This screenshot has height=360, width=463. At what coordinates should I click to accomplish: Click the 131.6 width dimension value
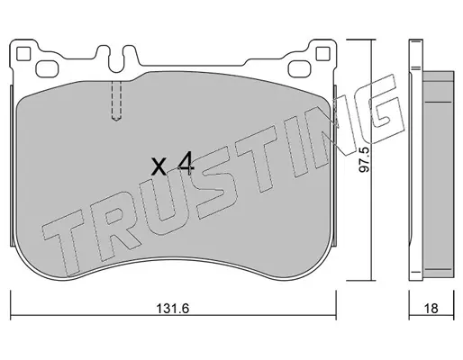tap(172, 308)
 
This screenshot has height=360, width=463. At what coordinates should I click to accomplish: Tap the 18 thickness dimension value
tap(431, 308)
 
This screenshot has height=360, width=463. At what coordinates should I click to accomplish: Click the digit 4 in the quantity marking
tap(186, 163)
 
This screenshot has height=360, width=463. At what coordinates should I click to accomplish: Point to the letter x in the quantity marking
tap(159, 166)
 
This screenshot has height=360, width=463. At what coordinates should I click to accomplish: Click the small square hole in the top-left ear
tap(23, 54)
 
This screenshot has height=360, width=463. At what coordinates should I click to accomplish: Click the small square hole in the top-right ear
tap(323, 54)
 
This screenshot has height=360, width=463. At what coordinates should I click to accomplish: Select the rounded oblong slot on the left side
tap(47, 68)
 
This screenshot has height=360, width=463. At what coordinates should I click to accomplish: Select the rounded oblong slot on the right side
tap(299, 68)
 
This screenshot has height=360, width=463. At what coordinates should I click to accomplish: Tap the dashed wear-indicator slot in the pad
tap(116, 101)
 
